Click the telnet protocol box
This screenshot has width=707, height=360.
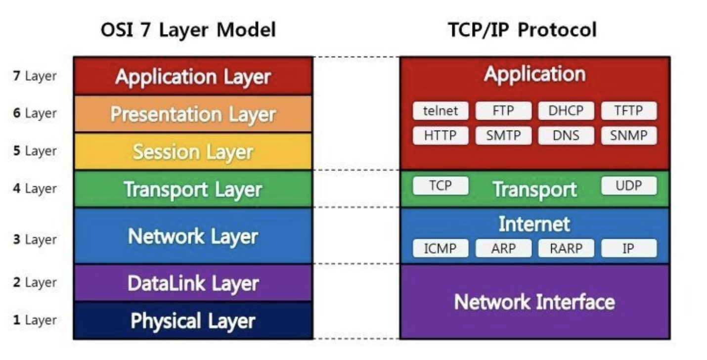click(x=440, y=111)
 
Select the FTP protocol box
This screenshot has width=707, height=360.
click(x=503, y=111)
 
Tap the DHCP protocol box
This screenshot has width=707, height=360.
click(x=566, y=111)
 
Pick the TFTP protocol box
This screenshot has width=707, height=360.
click(x=628, y=111)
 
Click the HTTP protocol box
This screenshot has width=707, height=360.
click(x=440, y=135)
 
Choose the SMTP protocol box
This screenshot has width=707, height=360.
click(x=503, y=135)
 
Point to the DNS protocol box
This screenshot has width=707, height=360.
click(x=566, y=135)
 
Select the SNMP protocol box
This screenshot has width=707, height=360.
click(x=628, y=135)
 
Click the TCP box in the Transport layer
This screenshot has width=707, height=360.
click(x=440, y=186)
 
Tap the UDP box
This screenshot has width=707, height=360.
click(x=628, y=186)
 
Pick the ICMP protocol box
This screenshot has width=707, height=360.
click(x=440, y=248)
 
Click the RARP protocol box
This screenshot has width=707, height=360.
click(x=566, y=248)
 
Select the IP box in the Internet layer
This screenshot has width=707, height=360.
click(x=628, y=248)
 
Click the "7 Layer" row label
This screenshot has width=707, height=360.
click(x=35, y=76)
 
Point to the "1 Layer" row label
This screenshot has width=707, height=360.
click(x=35, y=320)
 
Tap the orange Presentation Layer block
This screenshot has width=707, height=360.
click(x=193, y=114)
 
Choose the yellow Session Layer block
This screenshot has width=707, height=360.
click(x=193, y=151)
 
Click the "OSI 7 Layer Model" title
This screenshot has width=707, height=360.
click(x=188, y=30)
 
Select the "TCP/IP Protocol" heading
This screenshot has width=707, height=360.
click(x=522, y=30)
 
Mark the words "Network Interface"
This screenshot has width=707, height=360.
click(x=534, y=302)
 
